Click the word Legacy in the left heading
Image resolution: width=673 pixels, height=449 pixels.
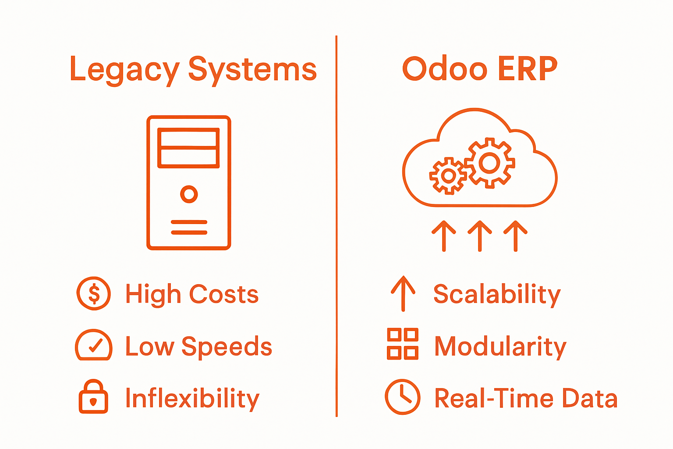pyautogui.click(x=124, y=70)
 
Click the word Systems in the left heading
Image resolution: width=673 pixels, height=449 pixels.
pyautogui.click(x=252, y=70)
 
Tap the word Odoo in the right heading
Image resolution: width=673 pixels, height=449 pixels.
pyautogui.click(x=444, y=69)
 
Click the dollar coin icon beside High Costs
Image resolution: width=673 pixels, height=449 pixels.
pyautogui.click(x=94, y=293)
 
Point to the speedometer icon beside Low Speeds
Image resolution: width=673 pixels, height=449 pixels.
pyautogui.click(x=94, y=346)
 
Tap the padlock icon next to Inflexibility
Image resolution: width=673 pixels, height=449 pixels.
pyautogui.click(x=93, y=397)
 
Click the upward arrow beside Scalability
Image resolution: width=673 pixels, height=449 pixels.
pyautogui.click(x=403, y=293)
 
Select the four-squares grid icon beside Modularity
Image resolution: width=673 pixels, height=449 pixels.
pyautogui.click(x=402, y=344)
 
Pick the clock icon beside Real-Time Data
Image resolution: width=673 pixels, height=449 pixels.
pyautogui.click(x=402, y=397)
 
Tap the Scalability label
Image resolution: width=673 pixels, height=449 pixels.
pyautogui.click(x=497, y=294)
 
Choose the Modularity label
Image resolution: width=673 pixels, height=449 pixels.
pyautogui.click(x=500, y=346)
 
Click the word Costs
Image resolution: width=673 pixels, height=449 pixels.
pyautogui.click(x=224, y=294)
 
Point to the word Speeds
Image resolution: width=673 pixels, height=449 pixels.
pyautogui.click(x=227, y=346)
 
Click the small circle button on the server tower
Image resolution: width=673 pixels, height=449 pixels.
pyautogui.click(x=189, y=194)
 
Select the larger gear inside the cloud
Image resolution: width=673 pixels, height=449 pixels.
pyautogui.click(x=489, y=163)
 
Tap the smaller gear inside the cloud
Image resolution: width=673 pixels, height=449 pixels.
pyautogui.click(x=448, y=176)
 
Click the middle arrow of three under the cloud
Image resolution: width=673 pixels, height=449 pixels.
pyautogui.click(x=480, y=235)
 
